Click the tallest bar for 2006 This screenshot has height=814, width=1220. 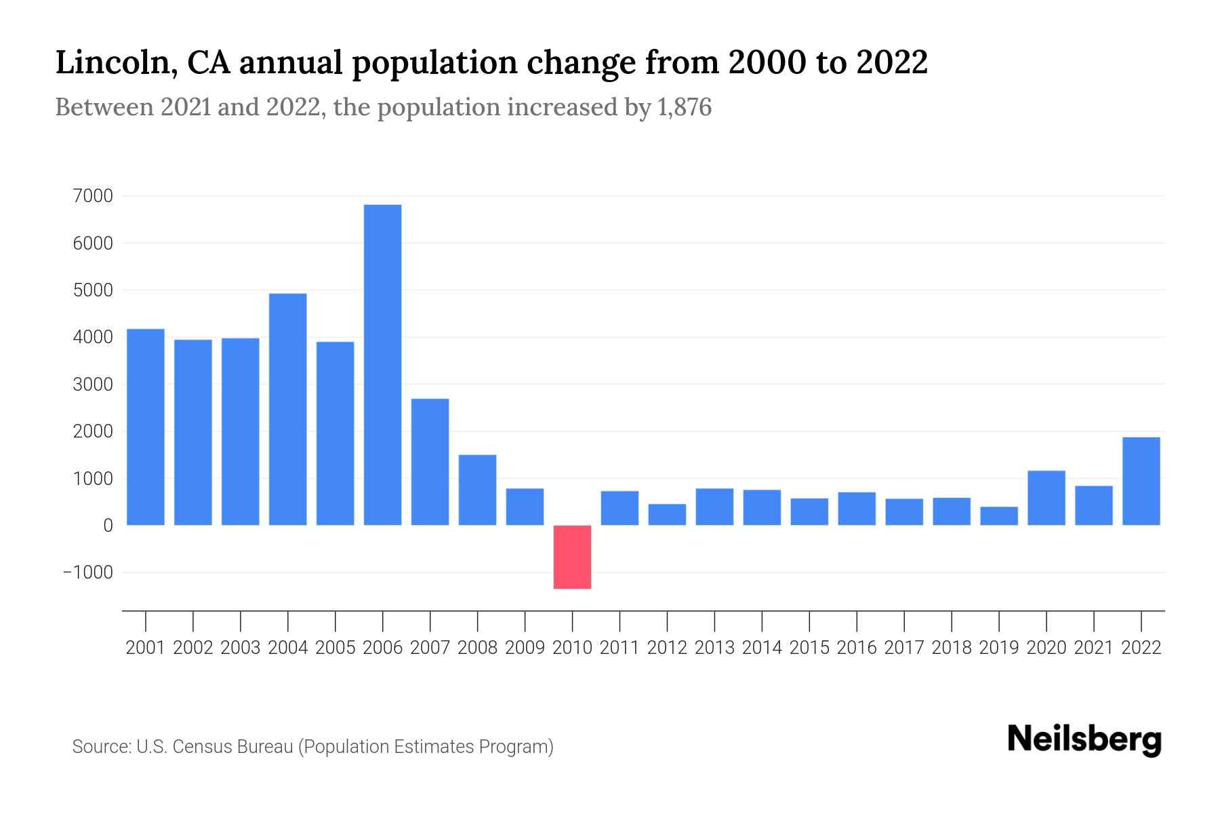pyautogui.click(x=382, y=365)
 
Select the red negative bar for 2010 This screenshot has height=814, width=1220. pyautogui.click(x=572, y=557)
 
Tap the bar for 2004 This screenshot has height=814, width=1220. pyautogui.click(x=287, y=409)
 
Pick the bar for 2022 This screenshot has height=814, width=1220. pyautogui.click(x=1141, y=481)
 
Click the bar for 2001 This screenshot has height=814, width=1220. pyautogui.click(x=146, y=427)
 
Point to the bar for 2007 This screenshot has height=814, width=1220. pyautogui.click(x=430, y=462)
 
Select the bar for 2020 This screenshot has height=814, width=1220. pyautogui.click(x=1046, y=498)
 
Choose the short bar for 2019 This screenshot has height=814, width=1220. pyautogui.click(x=998, y=516)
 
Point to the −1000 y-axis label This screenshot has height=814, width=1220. pyautogui.click(x=88, y=573)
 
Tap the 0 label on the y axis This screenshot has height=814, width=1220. pyautogui.click(x=108, y=526)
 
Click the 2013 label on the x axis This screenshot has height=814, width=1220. pyautogui.click(x=714, y=648)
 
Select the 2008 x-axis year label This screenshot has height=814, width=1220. pyautogui.click(x=477, y=648)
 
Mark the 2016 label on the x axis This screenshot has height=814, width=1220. pyautogui.click(x=857, y=648)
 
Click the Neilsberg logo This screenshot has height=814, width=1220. pyautogui.click(x=1084, y=739)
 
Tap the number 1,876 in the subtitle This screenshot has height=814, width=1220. pyautogui.click(x=684, y=107)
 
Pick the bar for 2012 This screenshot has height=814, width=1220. pyautogui.click(x=667, y=515)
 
